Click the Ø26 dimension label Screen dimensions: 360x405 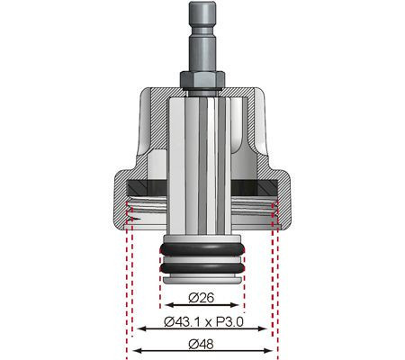click(x=202, y=294)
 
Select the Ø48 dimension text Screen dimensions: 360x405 click(x=202, y=343)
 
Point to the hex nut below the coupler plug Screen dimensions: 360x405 click(x=202, y=80)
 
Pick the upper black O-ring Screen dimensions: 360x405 click(x=202, y=249)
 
